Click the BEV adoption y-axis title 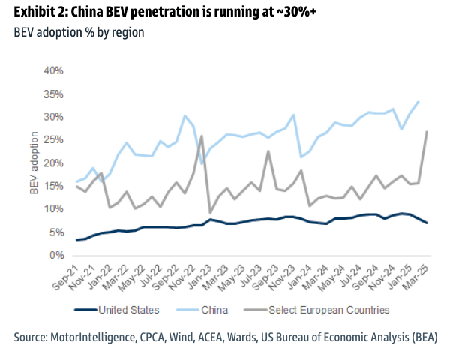point(34,163)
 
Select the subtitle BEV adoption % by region point(79,33)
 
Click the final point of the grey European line point(427,132)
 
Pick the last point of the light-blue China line point(418,101)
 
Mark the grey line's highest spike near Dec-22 point(202,136)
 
